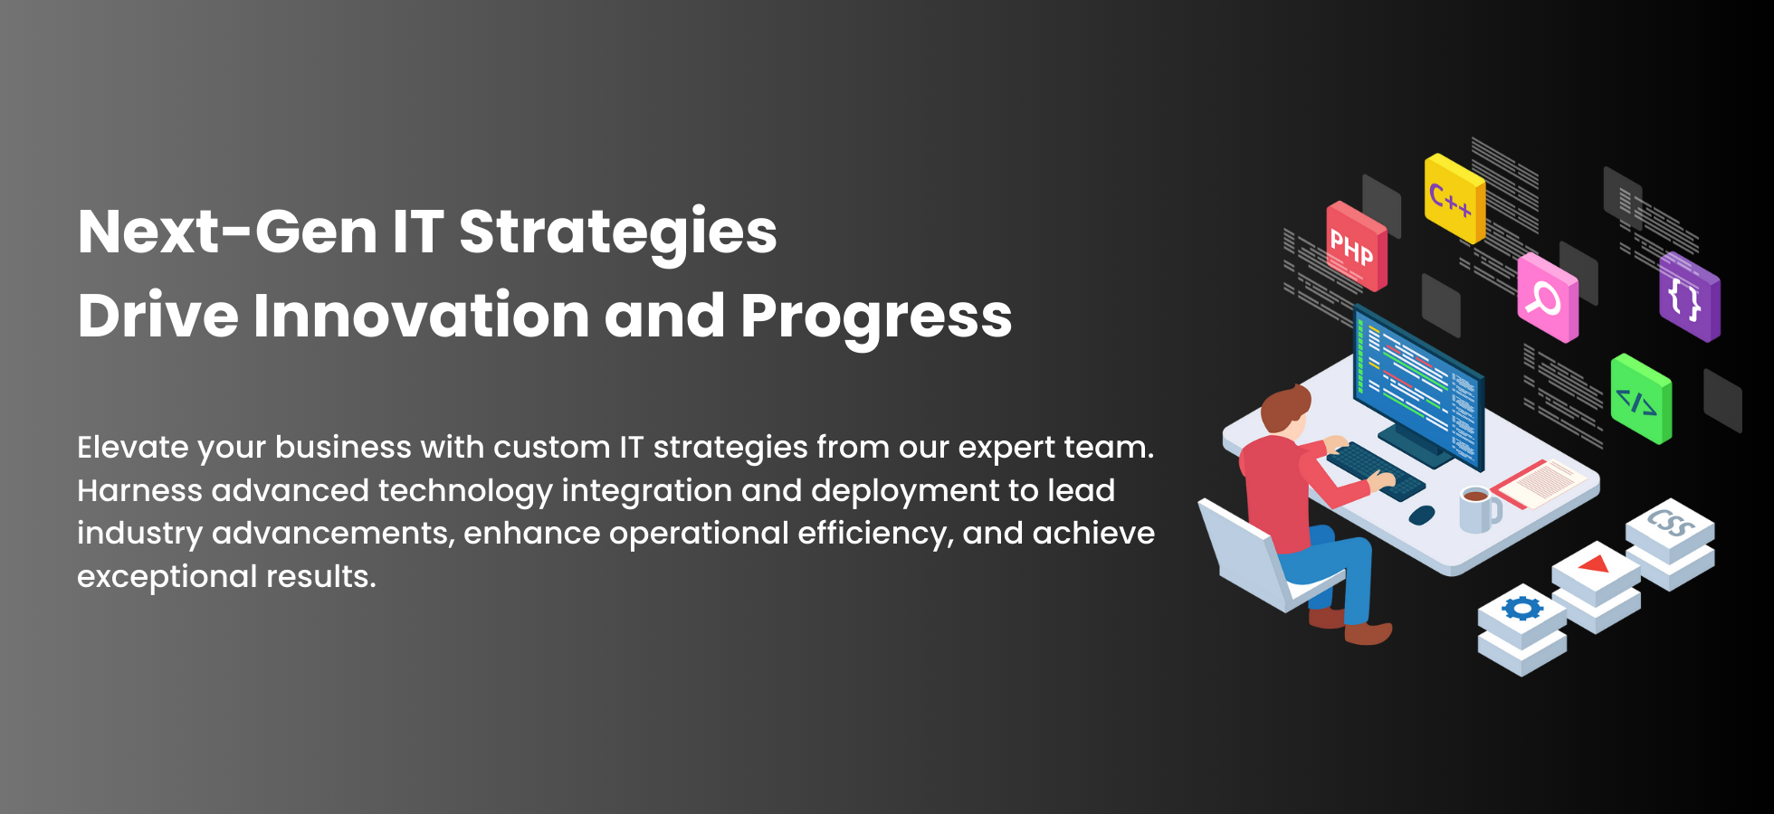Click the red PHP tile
coord(1357,246)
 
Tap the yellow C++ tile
coord(1454,198)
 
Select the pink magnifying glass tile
coord(1548,298)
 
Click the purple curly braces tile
coord(1690,297)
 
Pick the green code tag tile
coord(1641,399)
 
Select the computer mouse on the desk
coord(1422,515)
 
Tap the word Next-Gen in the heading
coord(228,232)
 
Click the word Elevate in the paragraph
coord(132,447)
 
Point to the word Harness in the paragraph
coord(139,490)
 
